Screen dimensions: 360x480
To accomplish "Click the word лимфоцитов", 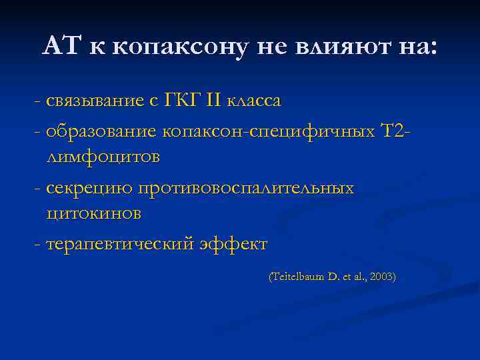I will click(103, 157).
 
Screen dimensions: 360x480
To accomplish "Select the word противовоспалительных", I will click(245, 187).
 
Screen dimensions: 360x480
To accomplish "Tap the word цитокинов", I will click(95, 215).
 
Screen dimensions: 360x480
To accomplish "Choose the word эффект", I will click(233, 244).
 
